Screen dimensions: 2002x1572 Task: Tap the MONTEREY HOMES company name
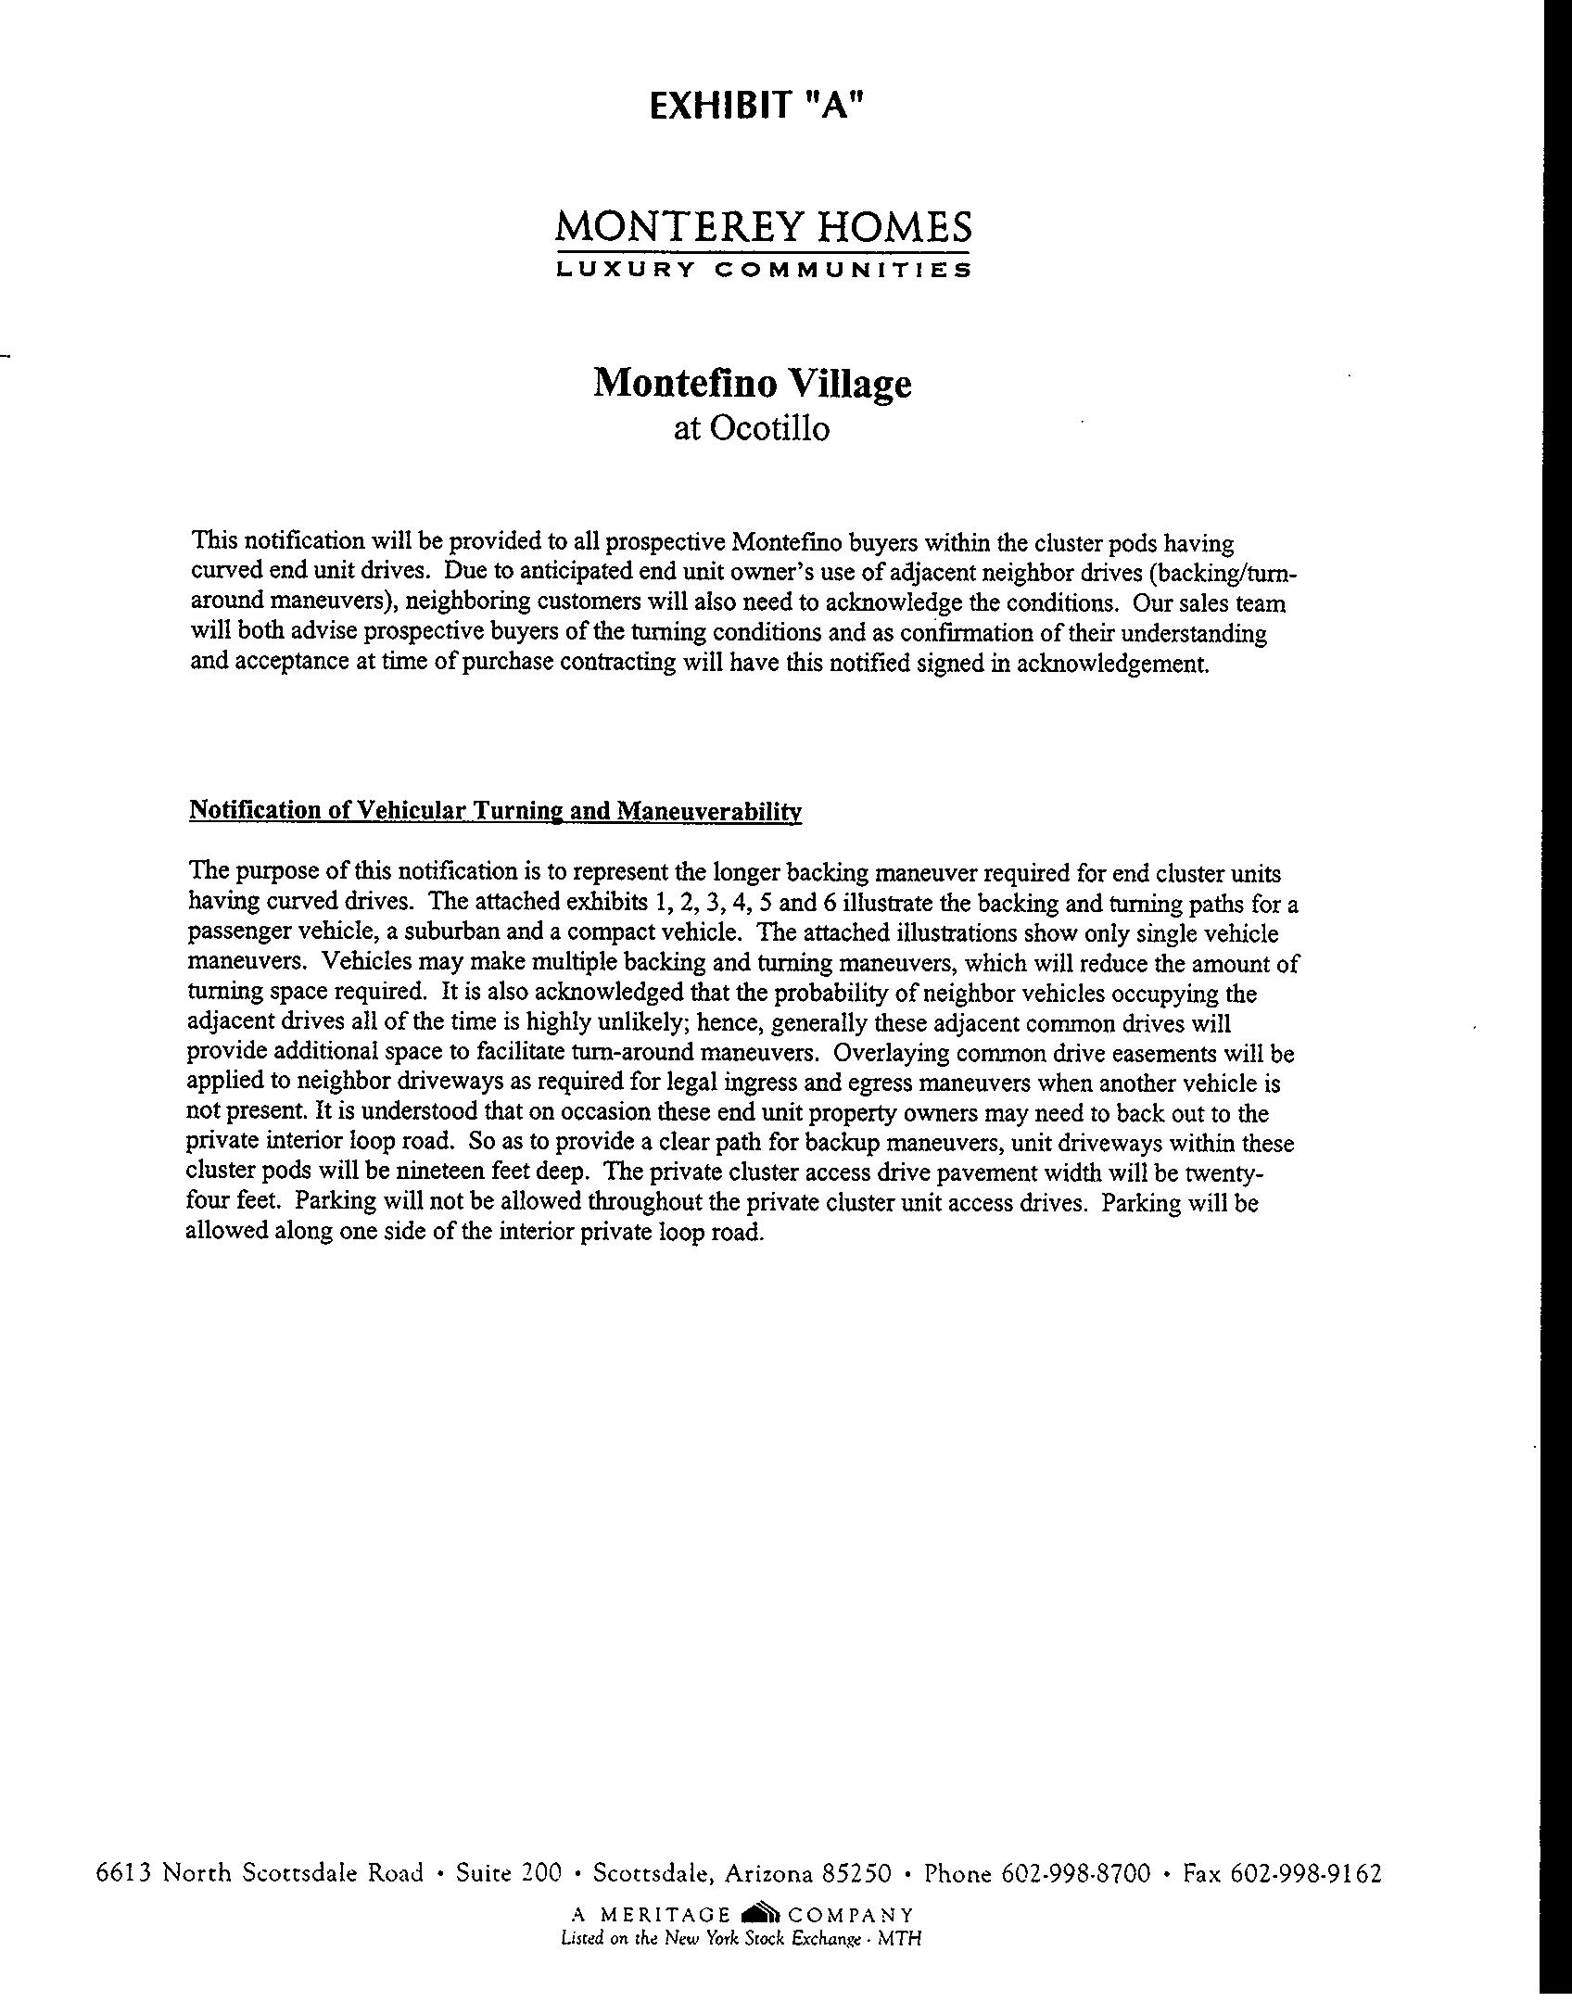pyautogui.click(x=764, y=227)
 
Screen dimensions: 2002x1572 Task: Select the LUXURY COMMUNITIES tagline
pyautogui.click(x=764, y=271)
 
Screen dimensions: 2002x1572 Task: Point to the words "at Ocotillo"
pyautogui.click(x=751, y=429)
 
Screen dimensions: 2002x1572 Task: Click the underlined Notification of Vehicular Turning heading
pyautogui.click(x=495, y=812)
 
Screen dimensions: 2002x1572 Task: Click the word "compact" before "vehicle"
pyautogui.click(x=605, y=932)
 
